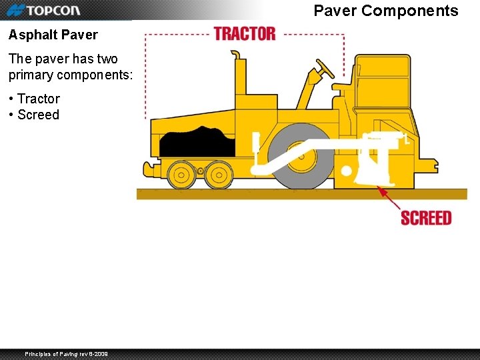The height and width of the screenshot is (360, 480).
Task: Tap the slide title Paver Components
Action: click(x=386, y=11)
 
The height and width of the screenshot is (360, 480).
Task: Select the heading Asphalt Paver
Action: click(x=53, y=35)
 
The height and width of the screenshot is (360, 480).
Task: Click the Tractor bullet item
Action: click(x=38, y=99)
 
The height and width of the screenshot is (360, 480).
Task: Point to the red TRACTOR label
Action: click(x=245, y=33)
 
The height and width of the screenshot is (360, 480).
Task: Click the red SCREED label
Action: click(x=426, y=218)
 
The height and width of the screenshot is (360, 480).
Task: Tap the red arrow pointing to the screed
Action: click(x=389, y=199)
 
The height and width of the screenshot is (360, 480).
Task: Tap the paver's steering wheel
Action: click(x=325, y=69)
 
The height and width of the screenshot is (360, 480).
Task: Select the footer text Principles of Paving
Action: click(x=66, y=353)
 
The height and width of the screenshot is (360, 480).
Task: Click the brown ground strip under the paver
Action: click(x=300, y=194)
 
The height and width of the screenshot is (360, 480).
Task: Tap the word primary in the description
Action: click(x=35, y=75)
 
